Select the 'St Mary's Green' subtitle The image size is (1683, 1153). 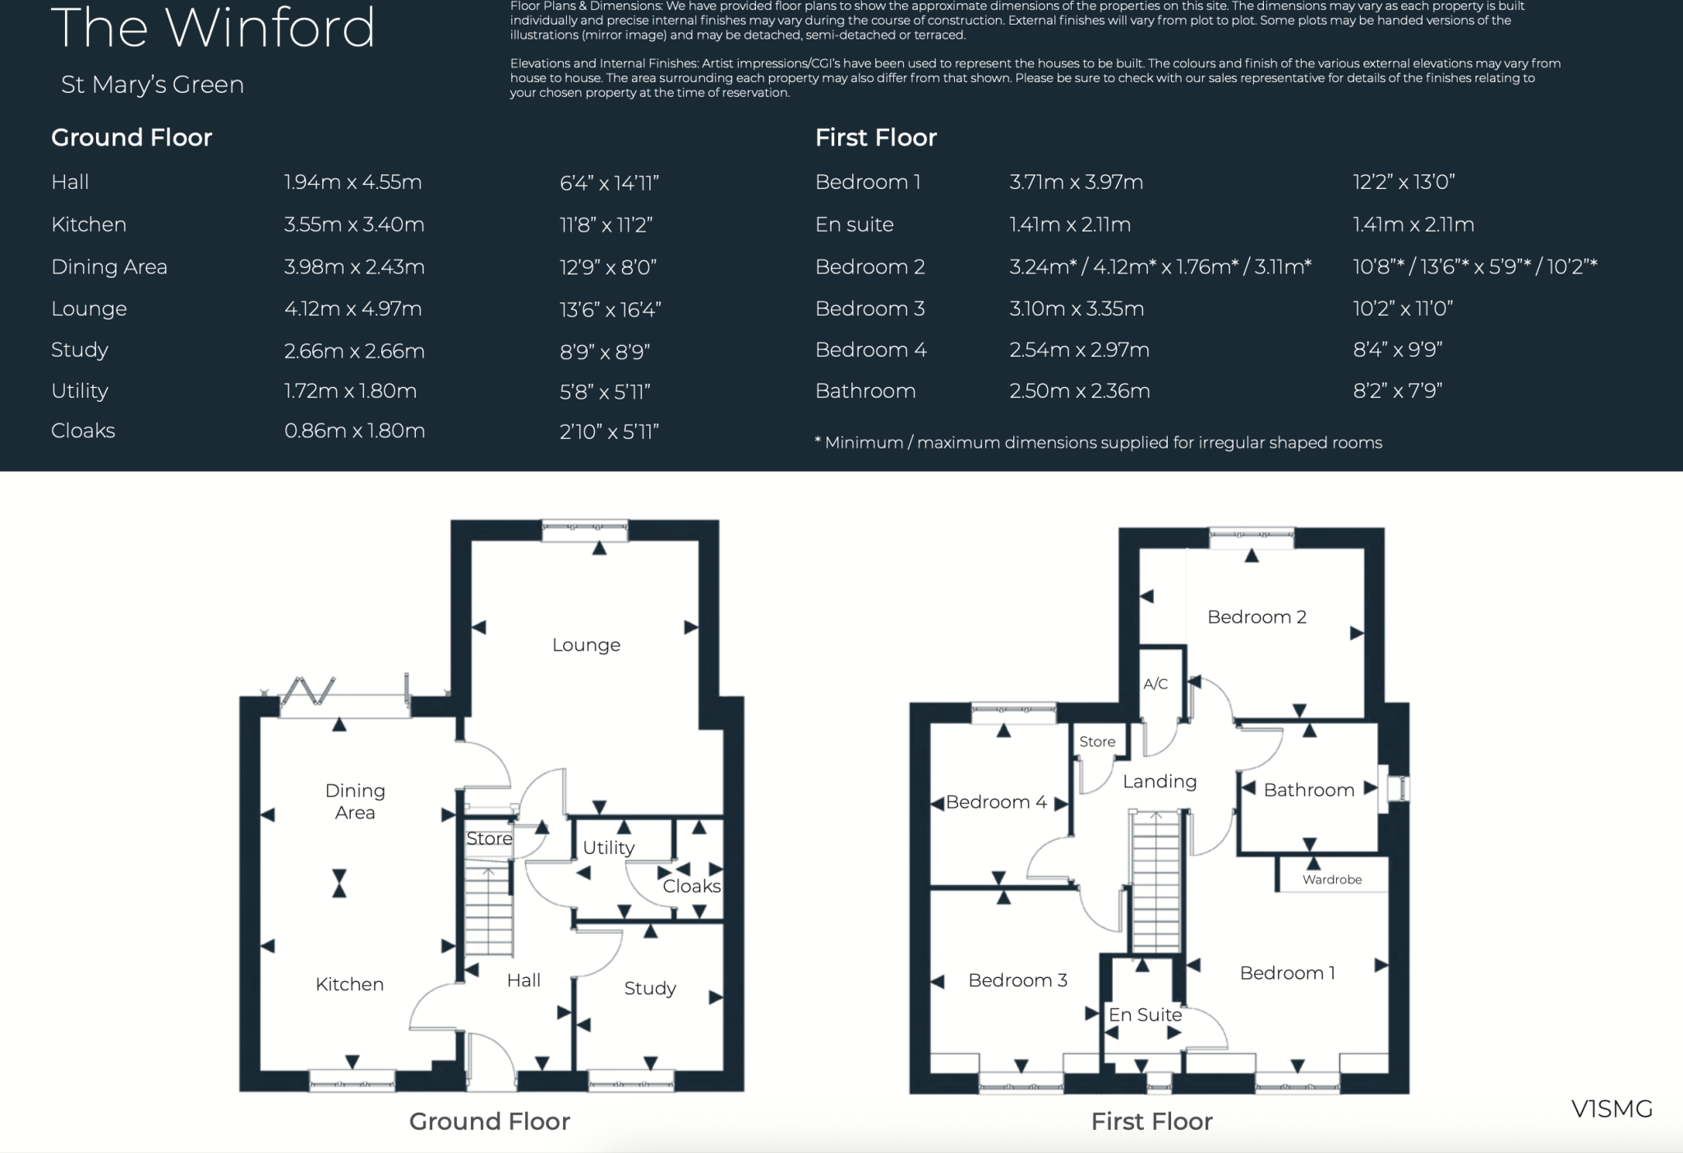click(x=152, y=85)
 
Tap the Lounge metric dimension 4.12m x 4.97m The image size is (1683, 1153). click(x=353, y=309)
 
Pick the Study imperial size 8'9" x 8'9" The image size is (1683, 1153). click(x=604, y=352)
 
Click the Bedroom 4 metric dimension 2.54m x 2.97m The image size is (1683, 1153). click(x=1079, y=350)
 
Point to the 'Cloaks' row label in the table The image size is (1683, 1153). click(x=83, y=431)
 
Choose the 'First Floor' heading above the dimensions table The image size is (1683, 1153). click(x=875, y=137)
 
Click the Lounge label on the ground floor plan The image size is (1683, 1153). click(x=586, y=645)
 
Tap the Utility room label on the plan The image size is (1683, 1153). click(x=608, y=847)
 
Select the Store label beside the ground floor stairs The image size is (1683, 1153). click(x=489, y=838)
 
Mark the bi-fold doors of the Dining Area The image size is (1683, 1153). click(x=308, y=692)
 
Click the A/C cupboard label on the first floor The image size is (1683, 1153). click(x=1155, y=684)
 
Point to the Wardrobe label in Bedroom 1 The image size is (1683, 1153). click(x=1331, y=879)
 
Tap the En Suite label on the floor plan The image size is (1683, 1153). click(x=1145, y=1015)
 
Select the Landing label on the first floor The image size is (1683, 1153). click(x=1160, y=782)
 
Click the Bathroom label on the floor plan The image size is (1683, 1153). click(x=1308, y=790)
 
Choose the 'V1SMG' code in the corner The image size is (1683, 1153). click(x=1611, y=1109)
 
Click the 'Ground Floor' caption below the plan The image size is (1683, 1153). click(x=489, y=1122)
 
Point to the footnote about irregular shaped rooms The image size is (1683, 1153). click(x=1098, y=443)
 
